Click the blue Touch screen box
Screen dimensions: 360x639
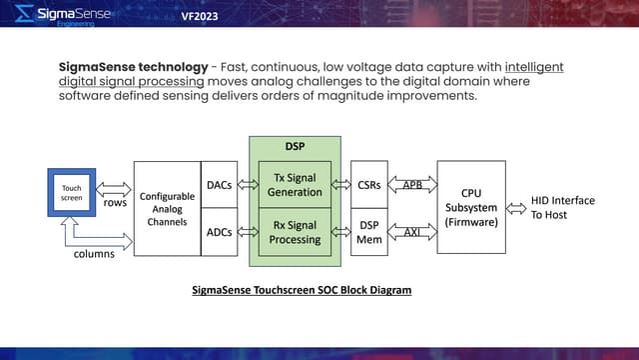coord(72,193)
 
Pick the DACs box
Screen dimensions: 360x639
coord(220,185)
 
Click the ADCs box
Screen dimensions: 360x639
coord(220,233)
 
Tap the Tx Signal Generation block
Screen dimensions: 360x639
coord(295,184)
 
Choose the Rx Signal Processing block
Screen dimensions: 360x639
coord(295,232)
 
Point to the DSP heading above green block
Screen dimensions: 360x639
coord(295,147)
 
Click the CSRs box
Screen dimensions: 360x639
coord(367,185)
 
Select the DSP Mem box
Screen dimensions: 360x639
coord(367,232)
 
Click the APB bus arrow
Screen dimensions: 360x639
coord(410,185)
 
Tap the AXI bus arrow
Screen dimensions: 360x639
coord(410,232)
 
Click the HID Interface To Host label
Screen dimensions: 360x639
coord(564,208)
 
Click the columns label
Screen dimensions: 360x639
coord(95,254)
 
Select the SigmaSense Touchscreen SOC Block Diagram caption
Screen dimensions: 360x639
coord(302,290)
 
